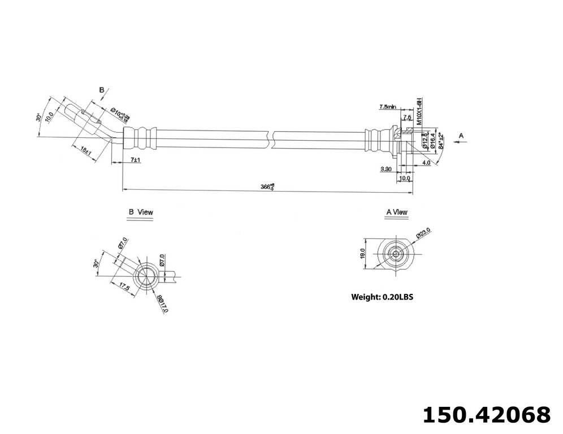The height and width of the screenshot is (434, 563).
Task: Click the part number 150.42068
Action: coord(486,414)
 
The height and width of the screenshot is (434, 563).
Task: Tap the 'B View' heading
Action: coord(141,212)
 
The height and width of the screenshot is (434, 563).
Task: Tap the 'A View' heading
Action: coord(396,212)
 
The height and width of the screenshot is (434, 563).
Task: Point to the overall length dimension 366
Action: coord(267,186)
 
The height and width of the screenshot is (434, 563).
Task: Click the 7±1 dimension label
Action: coord(135,160)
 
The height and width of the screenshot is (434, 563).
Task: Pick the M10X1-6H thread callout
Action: coord(419,111)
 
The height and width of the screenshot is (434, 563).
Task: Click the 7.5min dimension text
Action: coord(388,106)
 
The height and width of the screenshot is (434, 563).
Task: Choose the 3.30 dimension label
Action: coord(387,169)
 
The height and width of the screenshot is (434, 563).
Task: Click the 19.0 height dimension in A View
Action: coord(362,253)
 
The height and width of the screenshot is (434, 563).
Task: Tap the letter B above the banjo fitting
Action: coord(102,90)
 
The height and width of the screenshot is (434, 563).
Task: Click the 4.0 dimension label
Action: coord(426,163)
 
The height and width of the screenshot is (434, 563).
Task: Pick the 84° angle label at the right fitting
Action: coord(441,138)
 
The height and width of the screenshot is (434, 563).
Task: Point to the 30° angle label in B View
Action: coord(97,263)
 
